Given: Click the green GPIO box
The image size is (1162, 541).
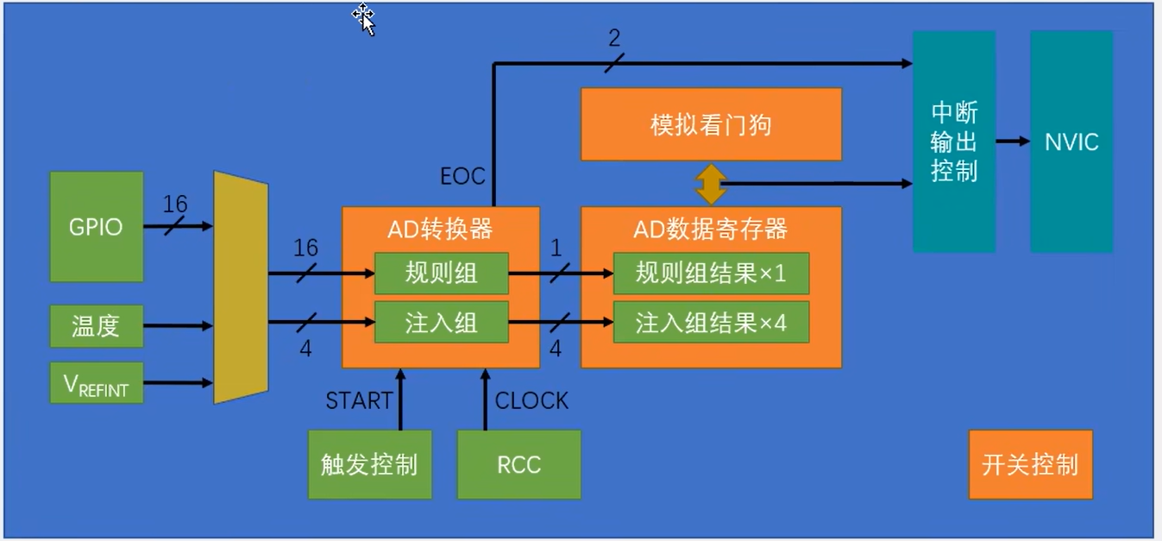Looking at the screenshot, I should coord(97,227).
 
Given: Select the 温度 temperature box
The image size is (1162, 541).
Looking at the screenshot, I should coord(97,326).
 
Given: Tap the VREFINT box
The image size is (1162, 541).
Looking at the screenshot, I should coord(97,382).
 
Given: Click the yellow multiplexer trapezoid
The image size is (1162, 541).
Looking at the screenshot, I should coord(241,287).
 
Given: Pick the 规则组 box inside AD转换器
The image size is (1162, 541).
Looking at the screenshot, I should coord(441,274).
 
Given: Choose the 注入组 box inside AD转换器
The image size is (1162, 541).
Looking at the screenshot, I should coord(441,324).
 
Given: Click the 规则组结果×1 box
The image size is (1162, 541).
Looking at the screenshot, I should coord(711,274).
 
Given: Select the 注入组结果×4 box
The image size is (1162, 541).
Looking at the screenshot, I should coord(711,323).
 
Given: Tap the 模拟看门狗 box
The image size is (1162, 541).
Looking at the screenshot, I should coord(711,124).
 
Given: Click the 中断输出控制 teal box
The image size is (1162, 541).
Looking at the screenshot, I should coord(954,142).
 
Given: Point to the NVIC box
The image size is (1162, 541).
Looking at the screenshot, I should coord(1071,142).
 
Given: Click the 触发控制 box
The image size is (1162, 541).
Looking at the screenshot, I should coord(369,465).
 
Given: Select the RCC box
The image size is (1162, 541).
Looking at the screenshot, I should coord(518,465).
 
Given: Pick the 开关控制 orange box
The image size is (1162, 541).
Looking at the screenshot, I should coord(1030,465).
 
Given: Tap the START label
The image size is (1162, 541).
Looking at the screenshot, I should coord(358,401).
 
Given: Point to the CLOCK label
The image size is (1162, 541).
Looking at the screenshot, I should coord(531,401).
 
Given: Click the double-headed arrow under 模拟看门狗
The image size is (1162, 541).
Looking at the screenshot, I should coord(711,184).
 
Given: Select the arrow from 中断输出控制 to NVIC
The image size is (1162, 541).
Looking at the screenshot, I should coord(1013,142).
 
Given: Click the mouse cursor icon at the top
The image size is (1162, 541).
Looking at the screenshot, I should coord(364,17).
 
